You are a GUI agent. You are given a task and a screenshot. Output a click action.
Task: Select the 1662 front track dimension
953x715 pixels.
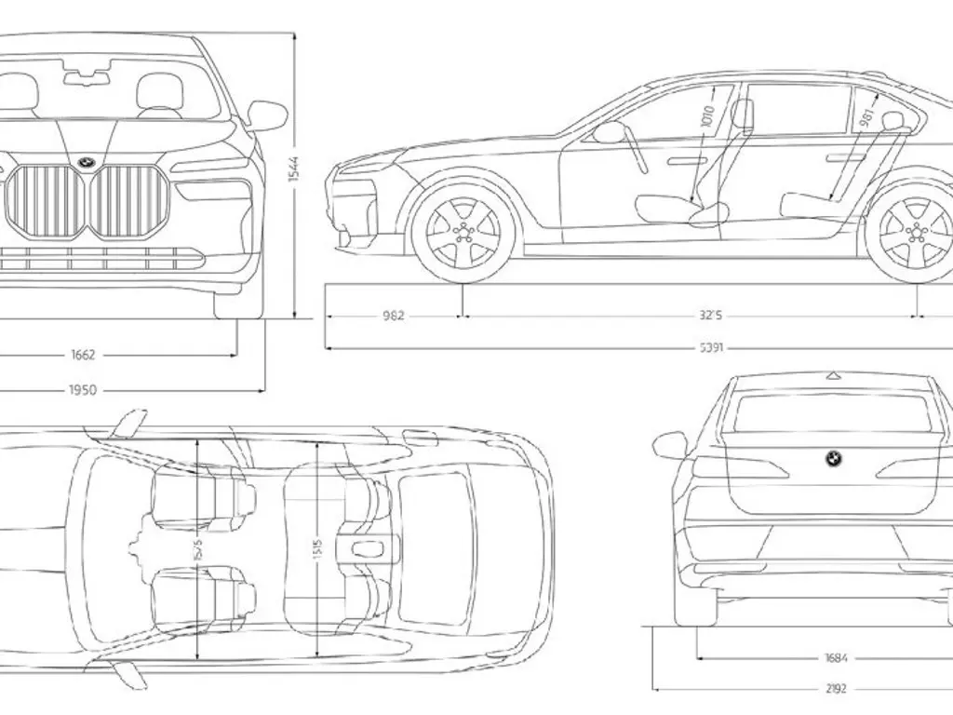83,355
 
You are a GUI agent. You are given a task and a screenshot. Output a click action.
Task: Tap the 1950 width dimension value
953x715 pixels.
83,390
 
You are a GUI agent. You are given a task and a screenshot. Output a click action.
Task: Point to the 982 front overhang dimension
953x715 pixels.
394,316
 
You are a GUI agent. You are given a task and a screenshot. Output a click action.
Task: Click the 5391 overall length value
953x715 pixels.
713,348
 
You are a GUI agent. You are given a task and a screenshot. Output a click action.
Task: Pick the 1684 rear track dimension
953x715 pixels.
836,658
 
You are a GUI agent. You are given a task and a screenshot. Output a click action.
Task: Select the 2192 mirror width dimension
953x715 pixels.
836,690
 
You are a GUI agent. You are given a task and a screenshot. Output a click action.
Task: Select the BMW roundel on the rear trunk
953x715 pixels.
833,459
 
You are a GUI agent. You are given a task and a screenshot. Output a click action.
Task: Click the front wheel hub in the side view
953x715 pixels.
463,234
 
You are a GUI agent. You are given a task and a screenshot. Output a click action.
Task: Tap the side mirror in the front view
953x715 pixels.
267,115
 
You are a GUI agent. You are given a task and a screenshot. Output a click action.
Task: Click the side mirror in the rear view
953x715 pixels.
670,445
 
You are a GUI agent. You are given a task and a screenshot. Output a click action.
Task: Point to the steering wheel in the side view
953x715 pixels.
636,148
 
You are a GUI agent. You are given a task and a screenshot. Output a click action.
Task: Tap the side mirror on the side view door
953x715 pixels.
609,132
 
